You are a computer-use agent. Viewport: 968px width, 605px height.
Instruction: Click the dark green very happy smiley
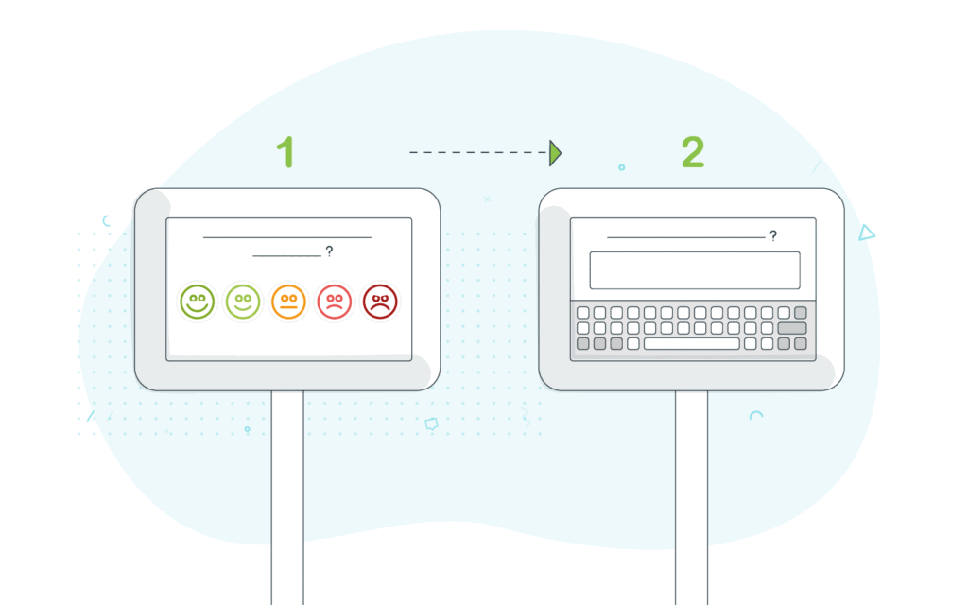coord(197,302)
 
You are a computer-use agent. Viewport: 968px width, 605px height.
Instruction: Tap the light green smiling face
coord(243,302)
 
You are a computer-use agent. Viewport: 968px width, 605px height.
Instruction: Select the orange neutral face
coord(288,302)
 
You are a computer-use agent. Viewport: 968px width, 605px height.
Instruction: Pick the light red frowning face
coord(334,302)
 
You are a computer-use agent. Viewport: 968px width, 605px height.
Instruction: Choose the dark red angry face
coord(380,302)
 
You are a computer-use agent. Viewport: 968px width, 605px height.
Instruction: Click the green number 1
coord(285,152)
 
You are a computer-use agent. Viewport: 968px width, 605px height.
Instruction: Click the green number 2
coord(693,152)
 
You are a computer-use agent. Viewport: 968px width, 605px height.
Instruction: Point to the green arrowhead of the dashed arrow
coord(555,152)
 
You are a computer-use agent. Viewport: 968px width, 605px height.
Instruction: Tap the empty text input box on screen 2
coord(695,269)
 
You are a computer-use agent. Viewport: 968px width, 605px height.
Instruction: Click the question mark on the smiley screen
coord(329,251)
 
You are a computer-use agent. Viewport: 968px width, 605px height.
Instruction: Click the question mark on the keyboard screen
coord(773,235)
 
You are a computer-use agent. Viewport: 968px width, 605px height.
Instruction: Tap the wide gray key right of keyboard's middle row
coord(792,328)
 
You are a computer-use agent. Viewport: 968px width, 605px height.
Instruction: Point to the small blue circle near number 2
coord(622,167)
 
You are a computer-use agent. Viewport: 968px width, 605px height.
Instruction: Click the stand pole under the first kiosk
coord(287,497)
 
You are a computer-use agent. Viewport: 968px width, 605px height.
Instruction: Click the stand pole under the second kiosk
coord(691,497)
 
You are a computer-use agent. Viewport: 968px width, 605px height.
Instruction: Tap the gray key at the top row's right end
coord(800,312)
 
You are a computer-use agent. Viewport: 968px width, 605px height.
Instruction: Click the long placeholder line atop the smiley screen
coord(287,237)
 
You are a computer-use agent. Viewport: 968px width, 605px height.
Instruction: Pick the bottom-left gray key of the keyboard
coord(582,343)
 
